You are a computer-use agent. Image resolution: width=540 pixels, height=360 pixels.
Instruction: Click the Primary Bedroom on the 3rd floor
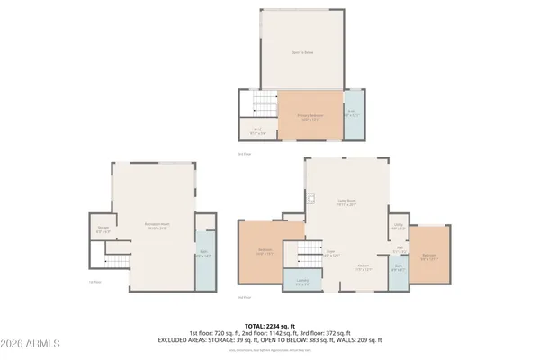(309, 114)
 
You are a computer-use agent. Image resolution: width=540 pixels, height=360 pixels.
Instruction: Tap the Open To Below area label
(301, 52)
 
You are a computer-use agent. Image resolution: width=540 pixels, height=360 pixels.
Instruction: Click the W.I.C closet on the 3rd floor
(257, 129)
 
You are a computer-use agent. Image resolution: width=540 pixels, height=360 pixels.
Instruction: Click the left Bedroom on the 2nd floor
(265, 252)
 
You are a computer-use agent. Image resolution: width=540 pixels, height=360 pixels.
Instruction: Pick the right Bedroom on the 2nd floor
(429, 256)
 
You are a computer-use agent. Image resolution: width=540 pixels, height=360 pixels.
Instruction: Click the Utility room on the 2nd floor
(399, 229)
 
